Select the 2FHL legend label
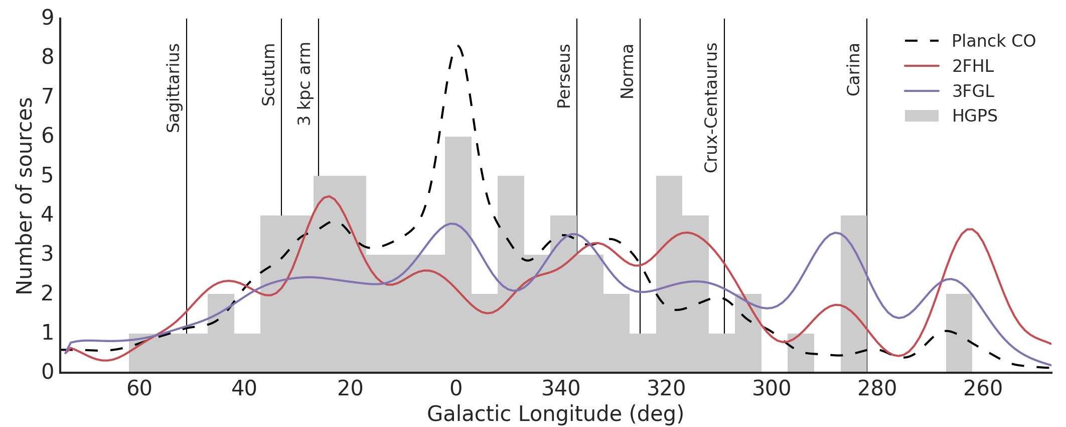tap(973, 66)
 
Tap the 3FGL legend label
tap(973, 91)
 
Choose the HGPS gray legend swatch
tap(922, 116)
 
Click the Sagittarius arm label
tap(173, 88)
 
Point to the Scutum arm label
tap(269, 75)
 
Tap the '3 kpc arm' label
tap(304, 84)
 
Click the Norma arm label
tap(628, 71)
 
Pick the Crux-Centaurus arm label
tap(711, 108)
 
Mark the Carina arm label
tap(854, 69)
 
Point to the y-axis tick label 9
tap(48, 18)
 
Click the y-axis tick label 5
tap(48, 176)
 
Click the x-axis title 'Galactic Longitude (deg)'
tap(555, 414)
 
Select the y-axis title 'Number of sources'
tap(25, 196)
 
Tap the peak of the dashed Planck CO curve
tap(458, 46)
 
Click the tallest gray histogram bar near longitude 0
tap(458, 251)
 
